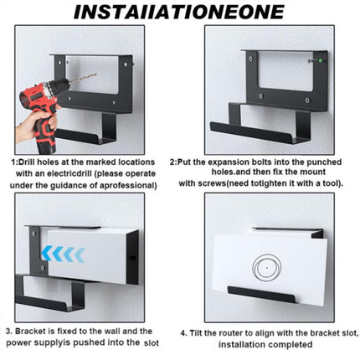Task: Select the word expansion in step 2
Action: pos(234,160)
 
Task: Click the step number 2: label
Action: pos(175,160)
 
